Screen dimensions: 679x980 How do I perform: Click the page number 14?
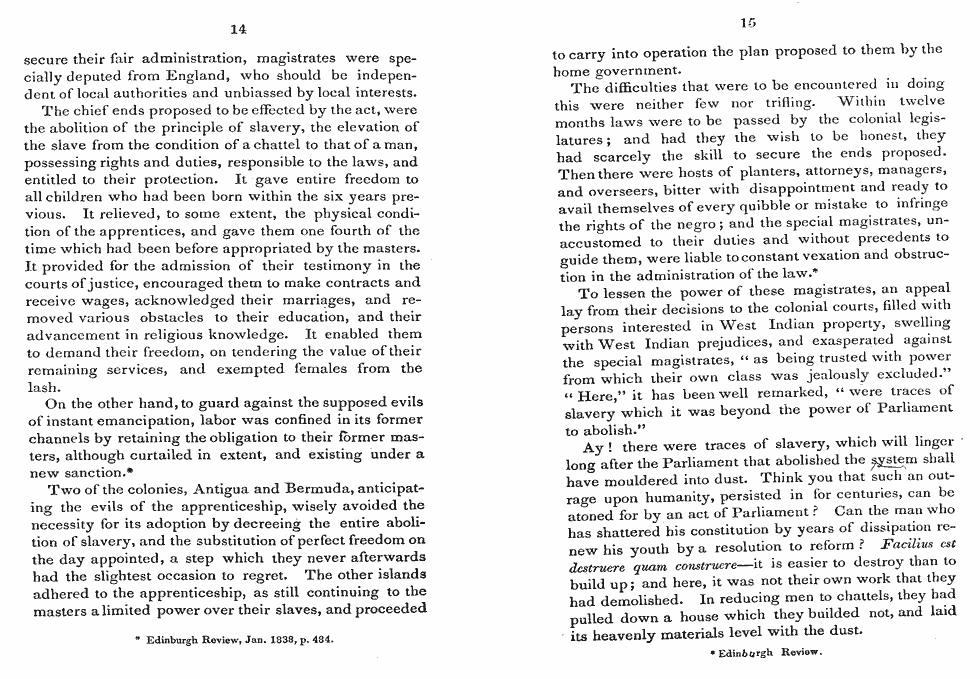pyautogui.click(x=238, y=28)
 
